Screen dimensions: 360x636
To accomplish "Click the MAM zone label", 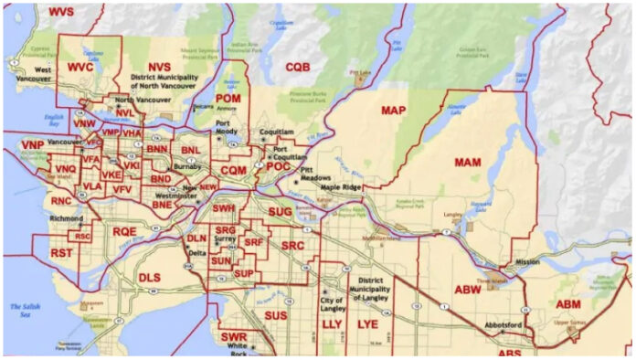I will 467,162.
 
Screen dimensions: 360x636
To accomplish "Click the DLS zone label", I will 149,276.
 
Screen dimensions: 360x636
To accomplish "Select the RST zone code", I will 61,252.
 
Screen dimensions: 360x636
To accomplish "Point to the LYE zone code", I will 367,324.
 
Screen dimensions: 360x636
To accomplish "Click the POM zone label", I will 228,99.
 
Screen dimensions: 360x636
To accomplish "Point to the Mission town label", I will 526,260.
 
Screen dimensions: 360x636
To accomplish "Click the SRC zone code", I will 292,246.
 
